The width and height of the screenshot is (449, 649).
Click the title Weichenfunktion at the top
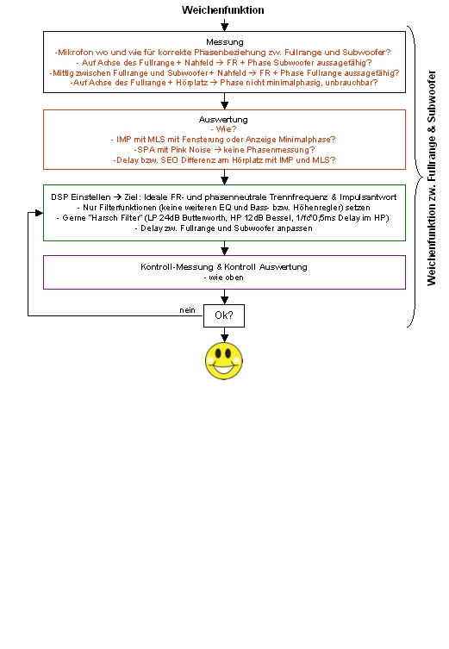223,10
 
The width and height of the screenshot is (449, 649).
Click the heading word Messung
225,42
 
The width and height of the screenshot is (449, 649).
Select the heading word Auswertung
223,120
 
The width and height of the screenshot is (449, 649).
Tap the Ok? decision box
224,315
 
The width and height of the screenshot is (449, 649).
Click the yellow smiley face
224,360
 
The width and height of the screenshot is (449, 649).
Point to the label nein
188,310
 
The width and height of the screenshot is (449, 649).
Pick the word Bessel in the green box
280,218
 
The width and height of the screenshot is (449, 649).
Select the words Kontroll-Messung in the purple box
177,267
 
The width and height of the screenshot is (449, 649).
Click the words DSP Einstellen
81,197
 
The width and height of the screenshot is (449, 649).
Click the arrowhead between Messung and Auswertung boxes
224,105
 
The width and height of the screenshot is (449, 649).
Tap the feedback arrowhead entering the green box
40,213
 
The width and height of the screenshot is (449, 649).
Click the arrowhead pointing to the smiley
224,338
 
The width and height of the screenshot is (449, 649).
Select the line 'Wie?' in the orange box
224,129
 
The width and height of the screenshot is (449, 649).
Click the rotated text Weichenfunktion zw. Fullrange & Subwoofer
432,178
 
